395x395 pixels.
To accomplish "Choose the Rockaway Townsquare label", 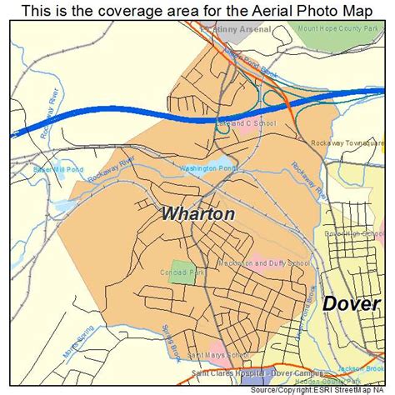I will pos(349,142).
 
